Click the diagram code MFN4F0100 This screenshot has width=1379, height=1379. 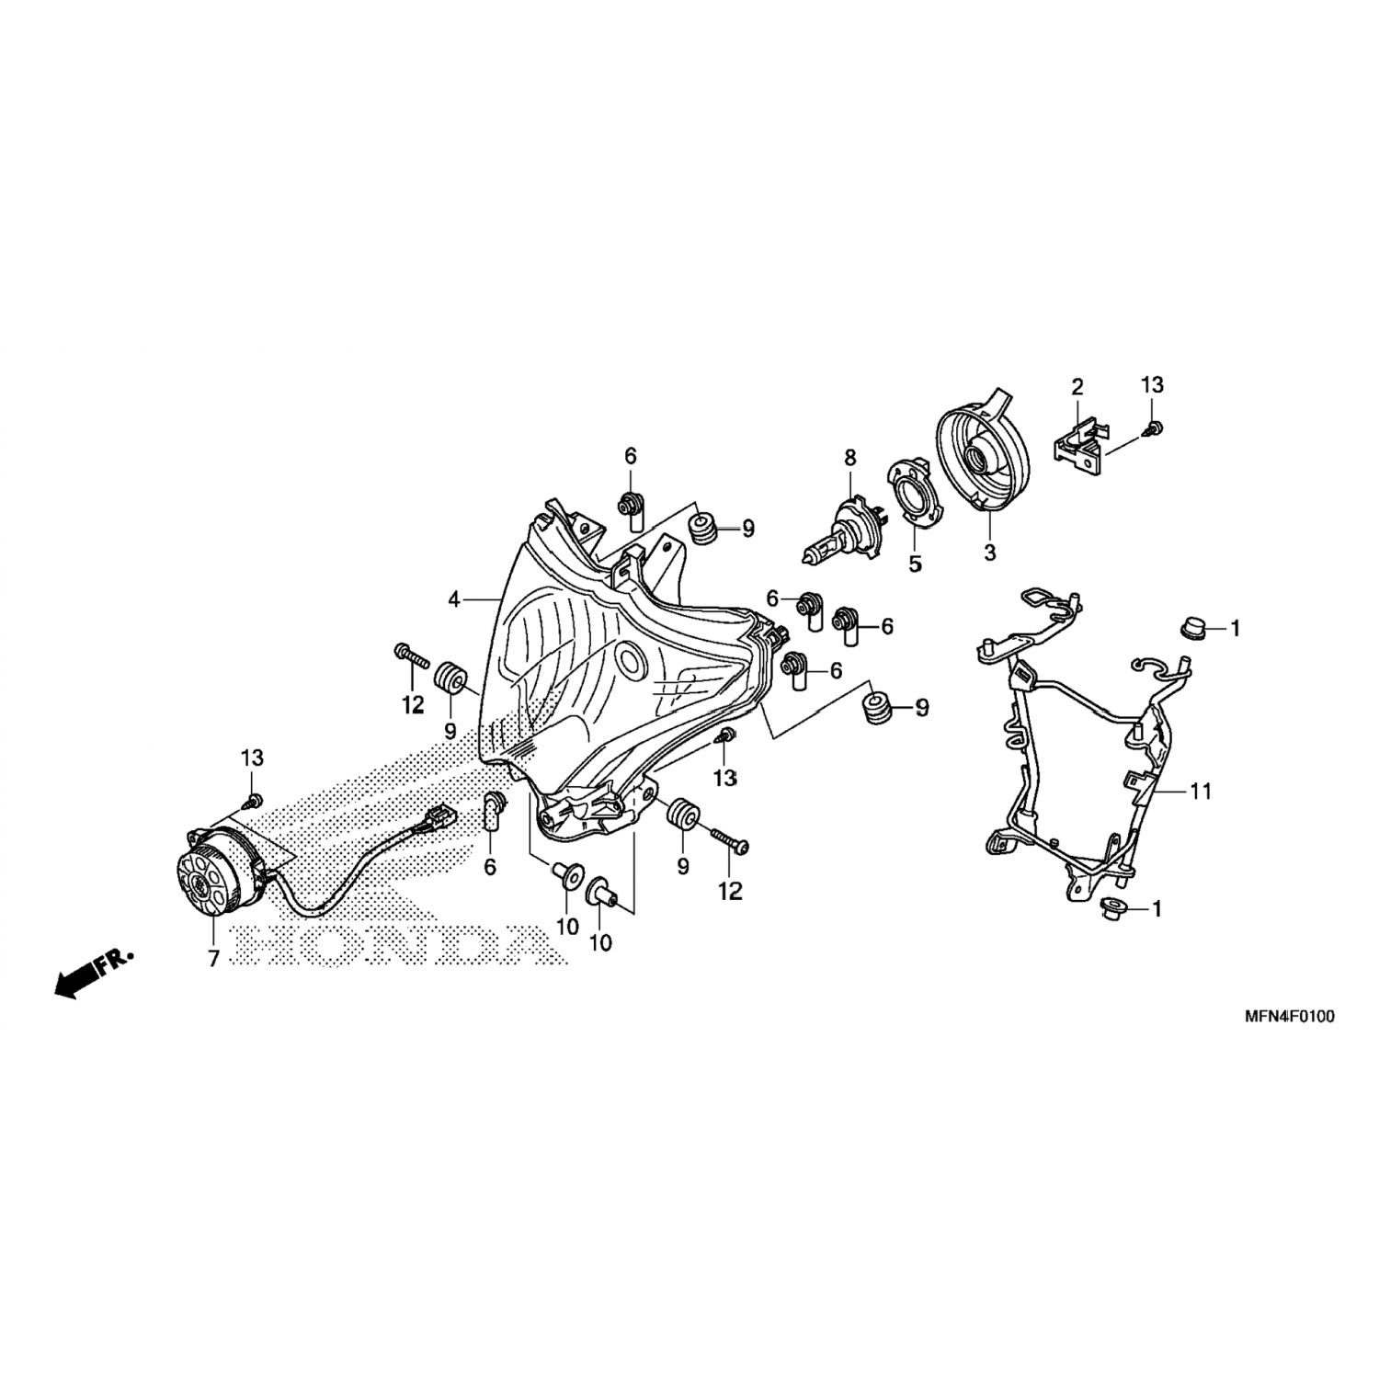[1290, 1017]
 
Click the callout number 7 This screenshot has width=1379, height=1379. [213, 959]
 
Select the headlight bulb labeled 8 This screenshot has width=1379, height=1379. [838, 535]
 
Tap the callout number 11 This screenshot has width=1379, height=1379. [1201, 791]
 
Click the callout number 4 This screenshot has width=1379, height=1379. [453, 600]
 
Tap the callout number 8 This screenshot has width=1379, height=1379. [849, 457]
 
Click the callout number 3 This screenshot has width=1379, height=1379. [989, 553]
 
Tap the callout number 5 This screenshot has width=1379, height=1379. [915, 564]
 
